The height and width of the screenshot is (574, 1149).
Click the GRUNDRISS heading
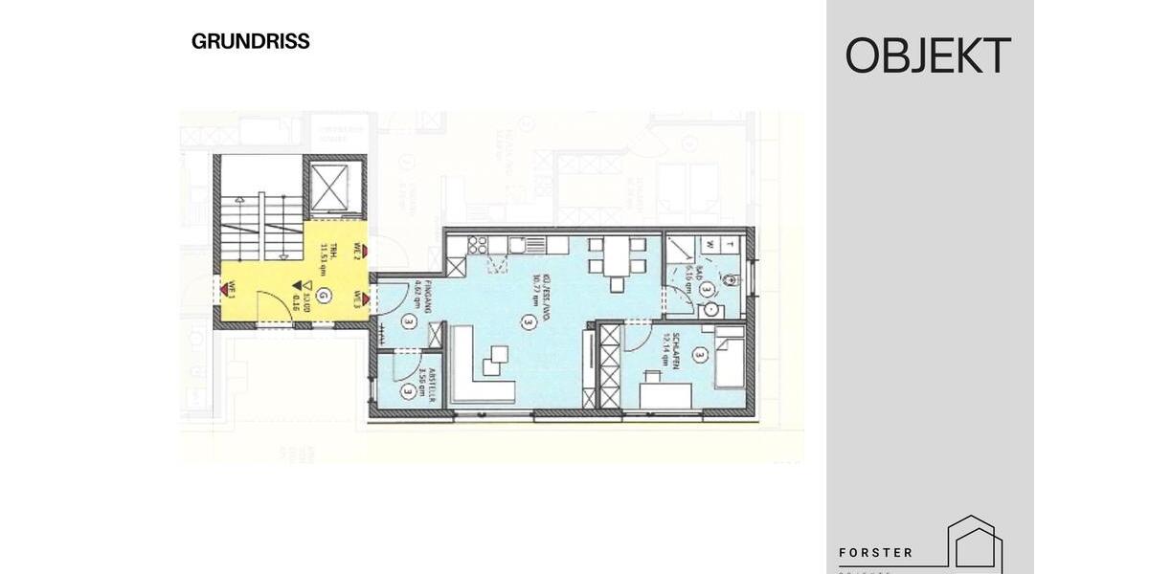[x=250, y=42]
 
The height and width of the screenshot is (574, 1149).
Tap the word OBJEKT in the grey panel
[x=928, y=56]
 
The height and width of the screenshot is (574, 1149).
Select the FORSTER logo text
[x=875, y=553]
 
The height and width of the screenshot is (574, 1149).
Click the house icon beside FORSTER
[x=974, y=543]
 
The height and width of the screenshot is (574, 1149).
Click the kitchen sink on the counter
[x=517, y=244]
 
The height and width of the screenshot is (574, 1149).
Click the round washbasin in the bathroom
[x=710, y=310]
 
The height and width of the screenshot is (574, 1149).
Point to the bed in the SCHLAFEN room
[x=729, y=359]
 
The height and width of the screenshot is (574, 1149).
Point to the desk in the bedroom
[x=663, y=392]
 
